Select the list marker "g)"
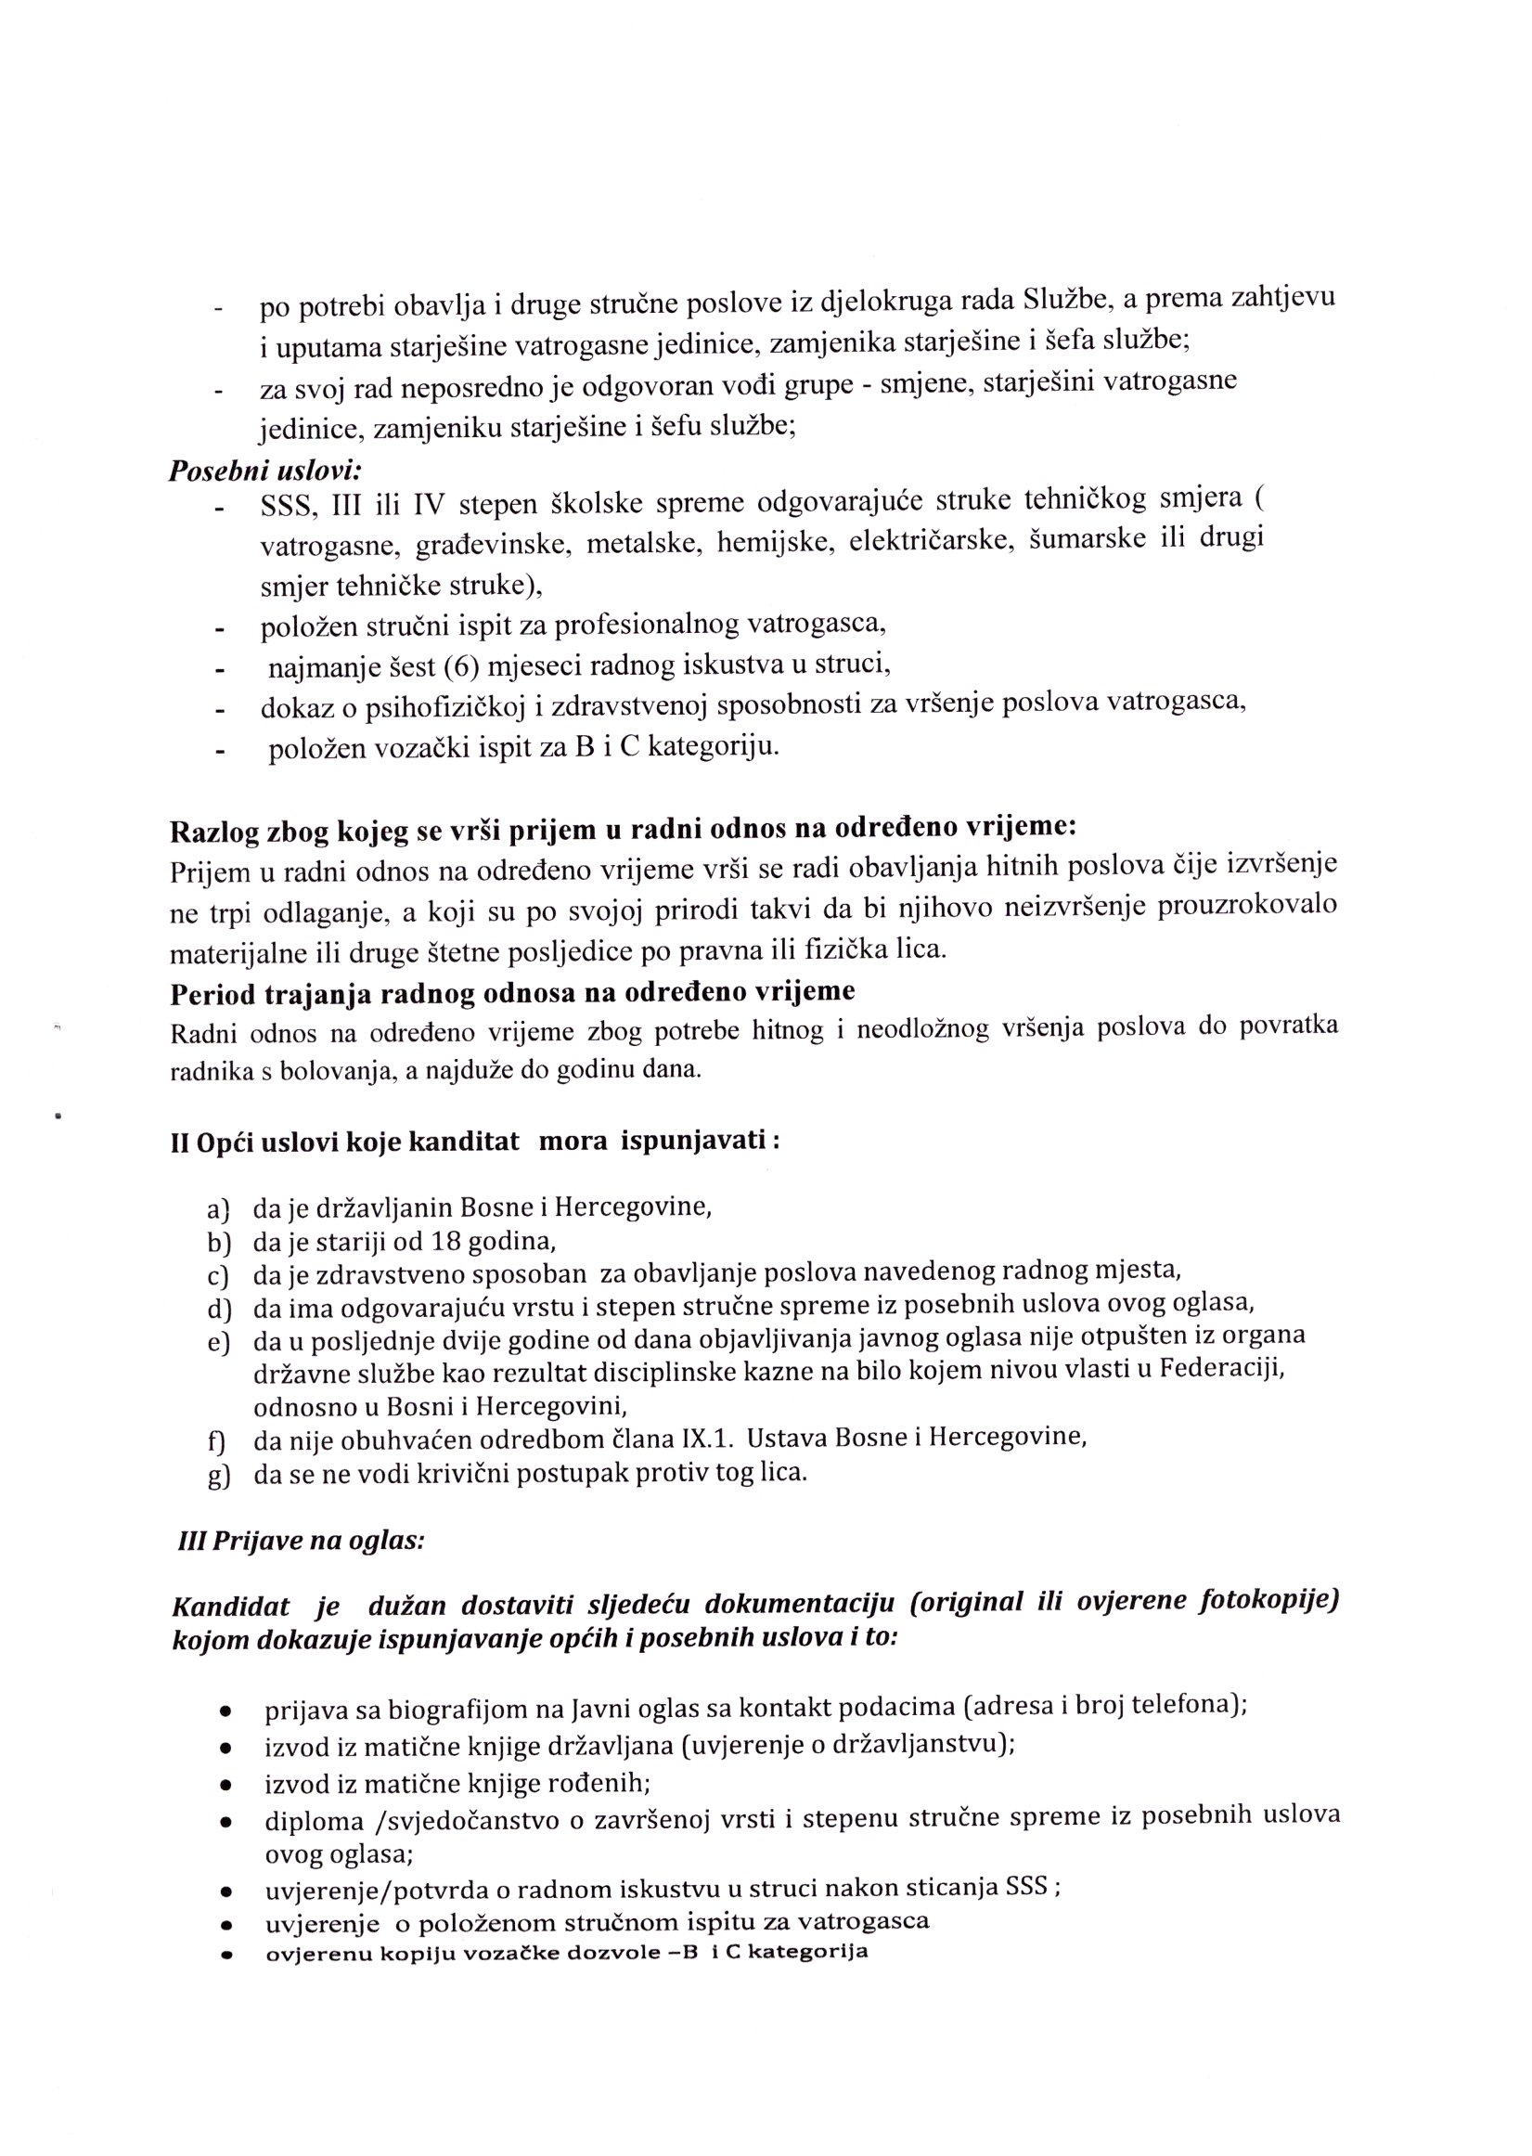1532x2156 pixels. coord(220,1476)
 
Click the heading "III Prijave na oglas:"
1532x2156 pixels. coord(301,1541)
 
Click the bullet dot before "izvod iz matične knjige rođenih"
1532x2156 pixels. coord(225,1786)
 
